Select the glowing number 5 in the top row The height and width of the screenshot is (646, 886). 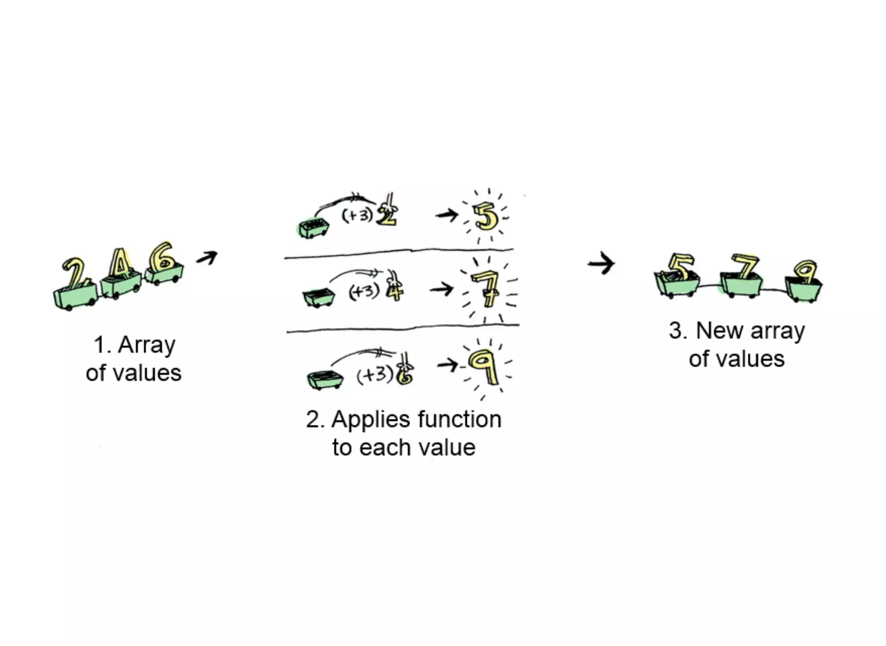click(485, 216)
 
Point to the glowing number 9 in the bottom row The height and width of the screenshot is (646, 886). click(485, 365)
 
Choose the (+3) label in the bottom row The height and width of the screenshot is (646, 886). click(375, 374)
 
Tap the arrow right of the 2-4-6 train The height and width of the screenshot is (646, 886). click(207, 258)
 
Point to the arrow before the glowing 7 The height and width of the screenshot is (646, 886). click(442, 288)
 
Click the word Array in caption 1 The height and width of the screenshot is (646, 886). click(147, 346)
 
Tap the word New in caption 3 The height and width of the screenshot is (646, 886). click(721, 331)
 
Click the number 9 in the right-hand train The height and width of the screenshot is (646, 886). click(805, 272)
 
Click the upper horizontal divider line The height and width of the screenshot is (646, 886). click(398, 253)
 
